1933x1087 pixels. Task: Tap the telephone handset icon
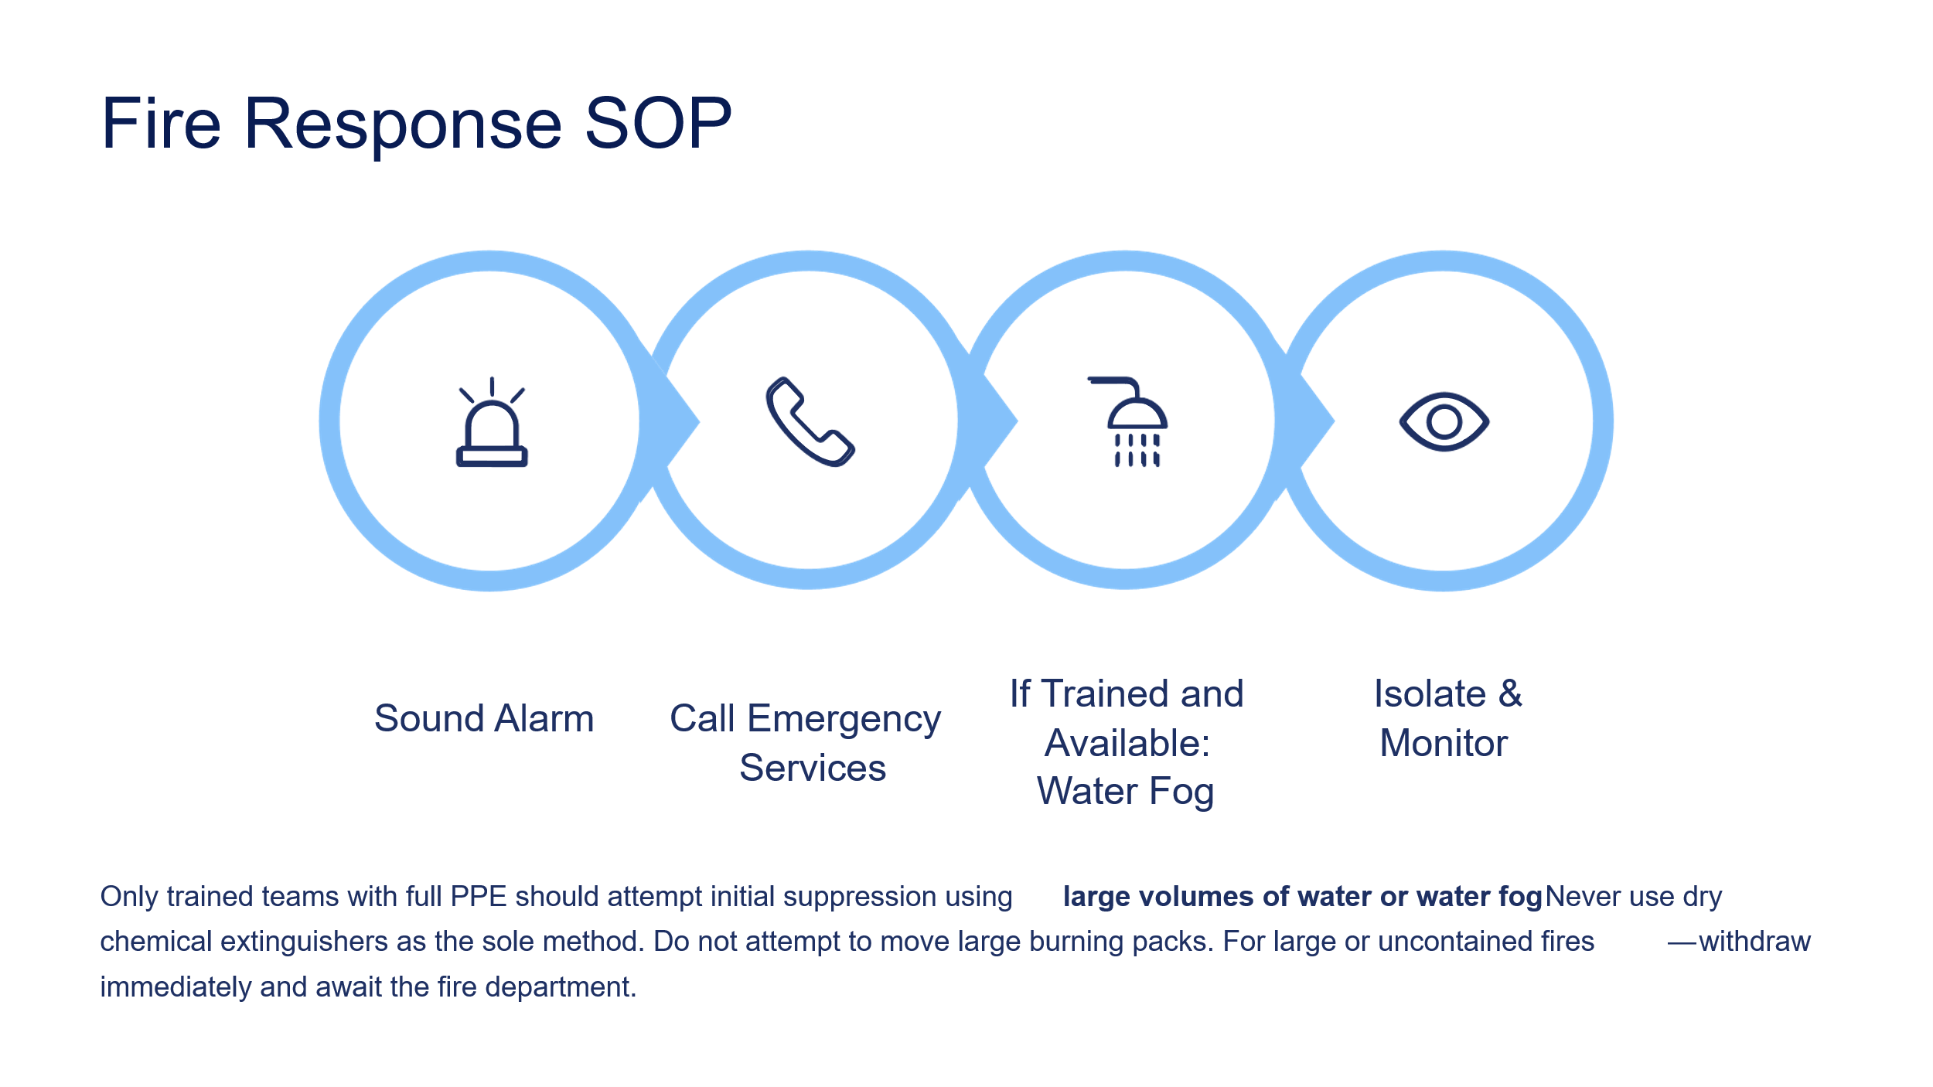coord(810,422)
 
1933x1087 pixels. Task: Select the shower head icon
coord(1127,422)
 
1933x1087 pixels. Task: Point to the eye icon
coord(1444,422)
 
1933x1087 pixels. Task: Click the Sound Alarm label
coord(484,718)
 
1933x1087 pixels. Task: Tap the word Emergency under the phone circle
coord(844,720)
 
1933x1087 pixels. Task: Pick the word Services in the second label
coord(813,768)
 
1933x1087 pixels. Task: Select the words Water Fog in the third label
coord(1126,792)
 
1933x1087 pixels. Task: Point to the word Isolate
coord(1430,693)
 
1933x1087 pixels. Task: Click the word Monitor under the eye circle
coord(1444,743)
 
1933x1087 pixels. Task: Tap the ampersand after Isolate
coord(1510,693)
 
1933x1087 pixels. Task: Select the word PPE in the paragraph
coord(479,896)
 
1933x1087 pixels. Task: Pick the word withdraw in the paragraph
coord(1754,941)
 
